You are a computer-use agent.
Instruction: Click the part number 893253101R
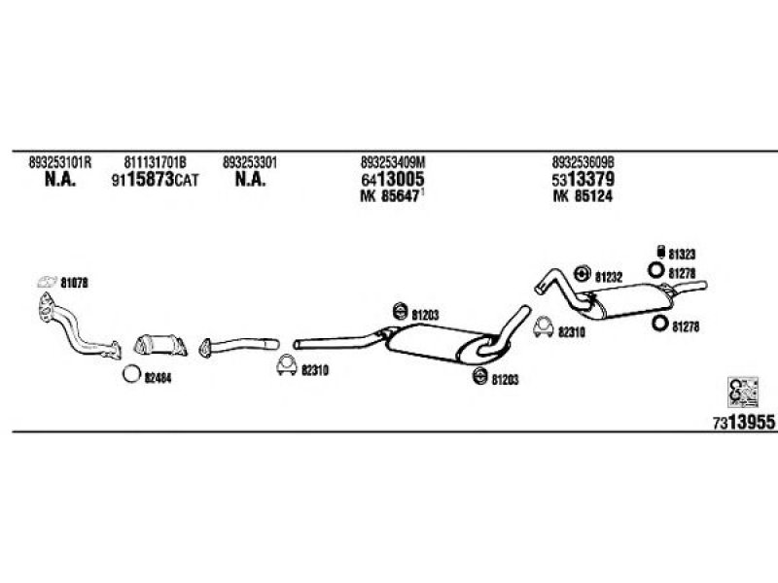[x=59, y=162]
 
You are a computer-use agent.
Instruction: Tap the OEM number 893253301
[x=250, y=162]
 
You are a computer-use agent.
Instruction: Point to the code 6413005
[x=392, y=180]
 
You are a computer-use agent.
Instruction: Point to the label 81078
[x=74, y=283]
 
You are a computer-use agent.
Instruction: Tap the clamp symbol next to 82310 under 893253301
[x=285, y=367]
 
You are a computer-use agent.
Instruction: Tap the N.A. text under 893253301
[x=250, y=180]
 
